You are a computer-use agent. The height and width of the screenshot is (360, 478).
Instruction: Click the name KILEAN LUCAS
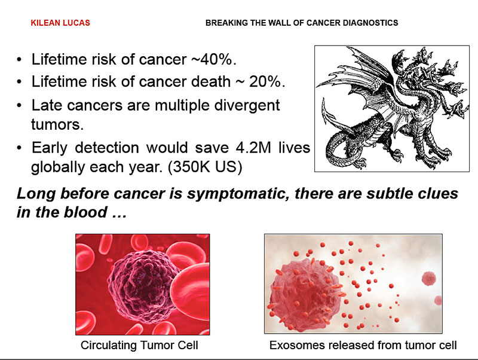coord(60,23)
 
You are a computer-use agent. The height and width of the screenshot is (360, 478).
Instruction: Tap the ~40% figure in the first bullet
coord(213,59)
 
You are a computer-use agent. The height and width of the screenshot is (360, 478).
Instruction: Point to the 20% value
coord(266,81)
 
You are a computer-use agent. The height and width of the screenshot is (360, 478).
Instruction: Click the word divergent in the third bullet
coord(247,106)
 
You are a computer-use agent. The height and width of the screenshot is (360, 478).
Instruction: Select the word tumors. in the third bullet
coord(57,124)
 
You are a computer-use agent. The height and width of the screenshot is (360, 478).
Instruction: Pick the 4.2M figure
coord(253,148)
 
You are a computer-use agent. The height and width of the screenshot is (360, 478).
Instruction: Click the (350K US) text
coord(205,167)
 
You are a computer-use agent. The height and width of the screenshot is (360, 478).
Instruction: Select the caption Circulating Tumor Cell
coord(139,346)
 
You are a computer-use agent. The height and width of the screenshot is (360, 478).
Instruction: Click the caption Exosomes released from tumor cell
coord(363,346)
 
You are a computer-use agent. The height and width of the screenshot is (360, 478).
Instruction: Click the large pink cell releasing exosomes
coord(305,294)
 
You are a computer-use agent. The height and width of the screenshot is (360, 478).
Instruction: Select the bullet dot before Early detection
coord(20,148)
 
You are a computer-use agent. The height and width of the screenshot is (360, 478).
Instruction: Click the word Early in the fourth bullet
coord(50,148)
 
